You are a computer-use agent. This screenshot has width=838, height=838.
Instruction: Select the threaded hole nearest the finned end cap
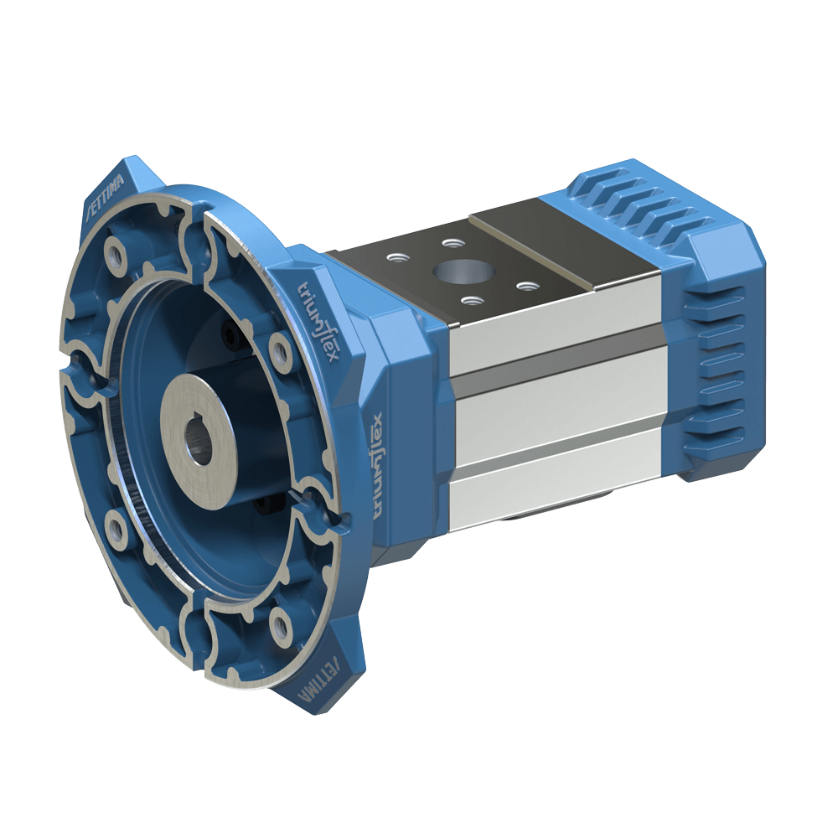525,286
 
